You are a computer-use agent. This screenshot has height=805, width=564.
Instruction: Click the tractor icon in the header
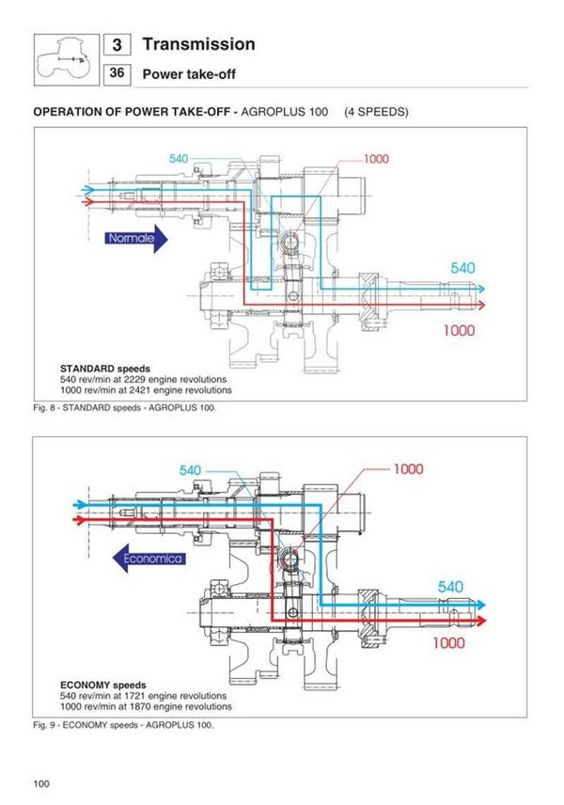64,58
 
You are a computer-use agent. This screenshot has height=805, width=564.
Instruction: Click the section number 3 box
116,45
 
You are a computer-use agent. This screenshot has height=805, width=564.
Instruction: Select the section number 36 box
116,72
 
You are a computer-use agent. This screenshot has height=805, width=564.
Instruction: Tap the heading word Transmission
197,44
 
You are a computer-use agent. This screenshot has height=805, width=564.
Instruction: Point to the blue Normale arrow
135,239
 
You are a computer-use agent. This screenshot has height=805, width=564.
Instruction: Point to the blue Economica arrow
147,559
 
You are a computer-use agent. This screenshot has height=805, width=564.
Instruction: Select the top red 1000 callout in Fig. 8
375,159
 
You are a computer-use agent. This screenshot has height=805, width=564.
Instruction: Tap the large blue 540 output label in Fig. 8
462,268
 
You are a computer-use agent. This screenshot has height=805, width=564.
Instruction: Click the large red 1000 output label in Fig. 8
459,330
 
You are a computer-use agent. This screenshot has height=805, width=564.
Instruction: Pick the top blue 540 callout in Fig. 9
191,470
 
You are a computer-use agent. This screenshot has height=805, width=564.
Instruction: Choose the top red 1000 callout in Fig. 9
408,468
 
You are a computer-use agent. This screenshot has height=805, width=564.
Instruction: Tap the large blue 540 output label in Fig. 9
450,587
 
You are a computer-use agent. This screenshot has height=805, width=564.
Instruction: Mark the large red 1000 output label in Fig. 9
448,643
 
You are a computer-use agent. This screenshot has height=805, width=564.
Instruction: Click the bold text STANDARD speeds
105,368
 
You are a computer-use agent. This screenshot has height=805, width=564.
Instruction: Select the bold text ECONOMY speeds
104,685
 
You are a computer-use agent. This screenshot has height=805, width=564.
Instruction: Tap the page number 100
41,783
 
